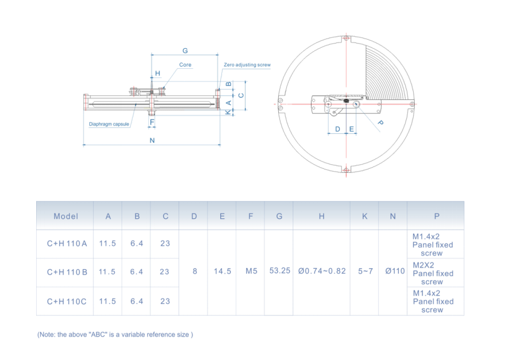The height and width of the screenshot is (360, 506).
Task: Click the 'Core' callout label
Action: click(x=185, y=65)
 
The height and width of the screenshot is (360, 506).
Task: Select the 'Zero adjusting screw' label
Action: click(x=247, y=65)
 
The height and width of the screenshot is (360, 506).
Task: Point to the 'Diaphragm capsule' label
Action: click(x=109, y=124)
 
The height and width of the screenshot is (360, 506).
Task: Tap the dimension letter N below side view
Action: click(x=151, y=140)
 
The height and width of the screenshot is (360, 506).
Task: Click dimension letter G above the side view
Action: click(x=185, y=51)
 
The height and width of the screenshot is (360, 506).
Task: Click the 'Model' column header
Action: click(x=65, y=216)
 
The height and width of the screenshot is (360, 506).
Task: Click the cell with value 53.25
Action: click(x=279, y=271)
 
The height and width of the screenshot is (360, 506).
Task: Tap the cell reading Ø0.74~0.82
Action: click(x=322, y=271)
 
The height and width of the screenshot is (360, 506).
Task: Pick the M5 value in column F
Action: click(x=251, y=271)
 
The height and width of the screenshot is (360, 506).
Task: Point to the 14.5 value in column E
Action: click(x=222, y=271)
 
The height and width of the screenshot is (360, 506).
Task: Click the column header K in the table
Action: click(x=364, y=216)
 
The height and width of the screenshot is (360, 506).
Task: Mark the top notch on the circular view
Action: click(x=345, y=40)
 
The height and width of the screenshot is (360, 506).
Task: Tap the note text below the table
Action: click(x=115, y=334)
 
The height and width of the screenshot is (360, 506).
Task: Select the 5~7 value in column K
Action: click(x=365, y=271)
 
